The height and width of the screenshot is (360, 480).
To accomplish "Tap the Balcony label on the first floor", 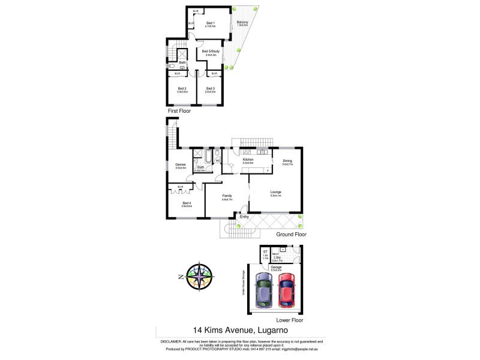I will coord(242,23).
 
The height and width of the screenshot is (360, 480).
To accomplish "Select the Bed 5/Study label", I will coord(209,52).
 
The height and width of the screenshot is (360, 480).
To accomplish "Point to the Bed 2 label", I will coord(182,89).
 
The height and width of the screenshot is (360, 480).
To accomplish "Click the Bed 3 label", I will coord(209,89).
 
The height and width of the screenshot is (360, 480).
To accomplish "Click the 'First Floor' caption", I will coord(180,112).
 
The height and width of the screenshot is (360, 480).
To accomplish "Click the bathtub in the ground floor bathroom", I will coord(208,157).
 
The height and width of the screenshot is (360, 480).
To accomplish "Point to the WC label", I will coord(218,161).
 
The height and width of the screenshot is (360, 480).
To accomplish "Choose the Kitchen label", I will coord(248,160).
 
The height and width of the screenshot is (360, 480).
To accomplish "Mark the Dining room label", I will coord(287,160).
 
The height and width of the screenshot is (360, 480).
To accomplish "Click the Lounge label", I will coord(276,193).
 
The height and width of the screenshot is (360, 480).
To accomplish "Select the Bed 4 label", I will coord(187,203).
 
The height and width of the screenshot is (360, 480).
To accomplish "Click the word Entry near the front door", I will coord(244,216).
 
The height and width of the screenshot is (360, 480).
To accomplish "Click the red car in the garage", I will coord(287,290).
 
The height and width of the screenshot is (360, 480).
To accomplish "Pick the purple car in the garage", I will coord(263,290).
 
